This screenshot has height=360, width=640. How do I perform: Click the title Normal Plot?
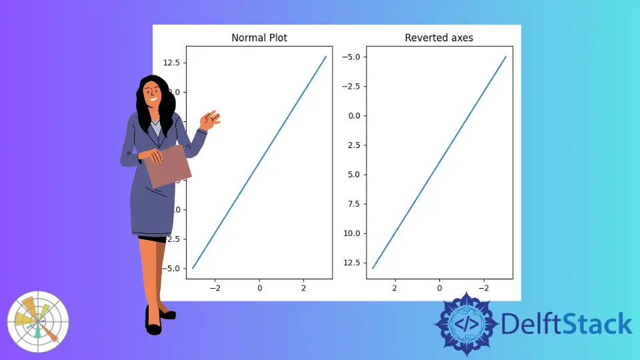click(x=259, y=38)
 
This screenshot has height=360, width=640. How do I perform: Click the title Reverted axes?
click(x=439, y=38)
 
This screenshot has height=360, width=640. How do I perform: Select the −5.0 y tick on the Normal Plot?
click(x=171, y=268)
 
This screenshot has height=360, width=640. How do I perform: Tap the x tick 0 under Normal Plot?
click(x=259, y=288)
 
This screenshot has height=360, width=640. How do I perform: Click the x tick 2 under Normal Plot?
click(x=303, y=288)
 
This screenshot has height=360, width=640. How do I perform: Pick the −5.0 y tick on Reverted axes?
click(x=351, y=57)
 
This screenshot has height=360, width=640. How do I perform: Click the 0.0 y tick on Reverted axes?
click(x=354, y=115)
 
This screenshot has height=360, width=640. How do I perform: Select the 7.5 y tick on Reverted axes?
click(x=354, y=203)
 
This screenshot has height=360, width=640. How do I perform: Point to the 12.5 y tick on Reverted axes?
click(x=352, y=262)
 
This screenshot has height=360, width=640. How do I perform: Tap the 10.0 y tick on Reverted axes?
click(x=352, y=233)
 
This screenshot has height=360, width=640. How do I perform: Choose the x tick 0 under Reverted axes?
click(x=439, y=288)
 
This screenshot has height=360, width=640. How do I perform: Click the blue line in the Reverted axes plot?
click(x=439, y=162)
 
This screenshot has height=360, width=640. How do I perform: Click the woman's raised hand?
click(x=211, y=121)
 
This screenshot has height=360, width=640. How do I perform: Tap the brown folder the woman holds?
click(x=168, y=167)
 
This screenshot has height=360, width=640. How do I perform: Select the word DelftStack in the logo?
click(x=566, y=324)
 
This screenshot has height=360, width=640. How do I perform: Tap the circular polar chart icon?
click(x=37, y=321)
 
